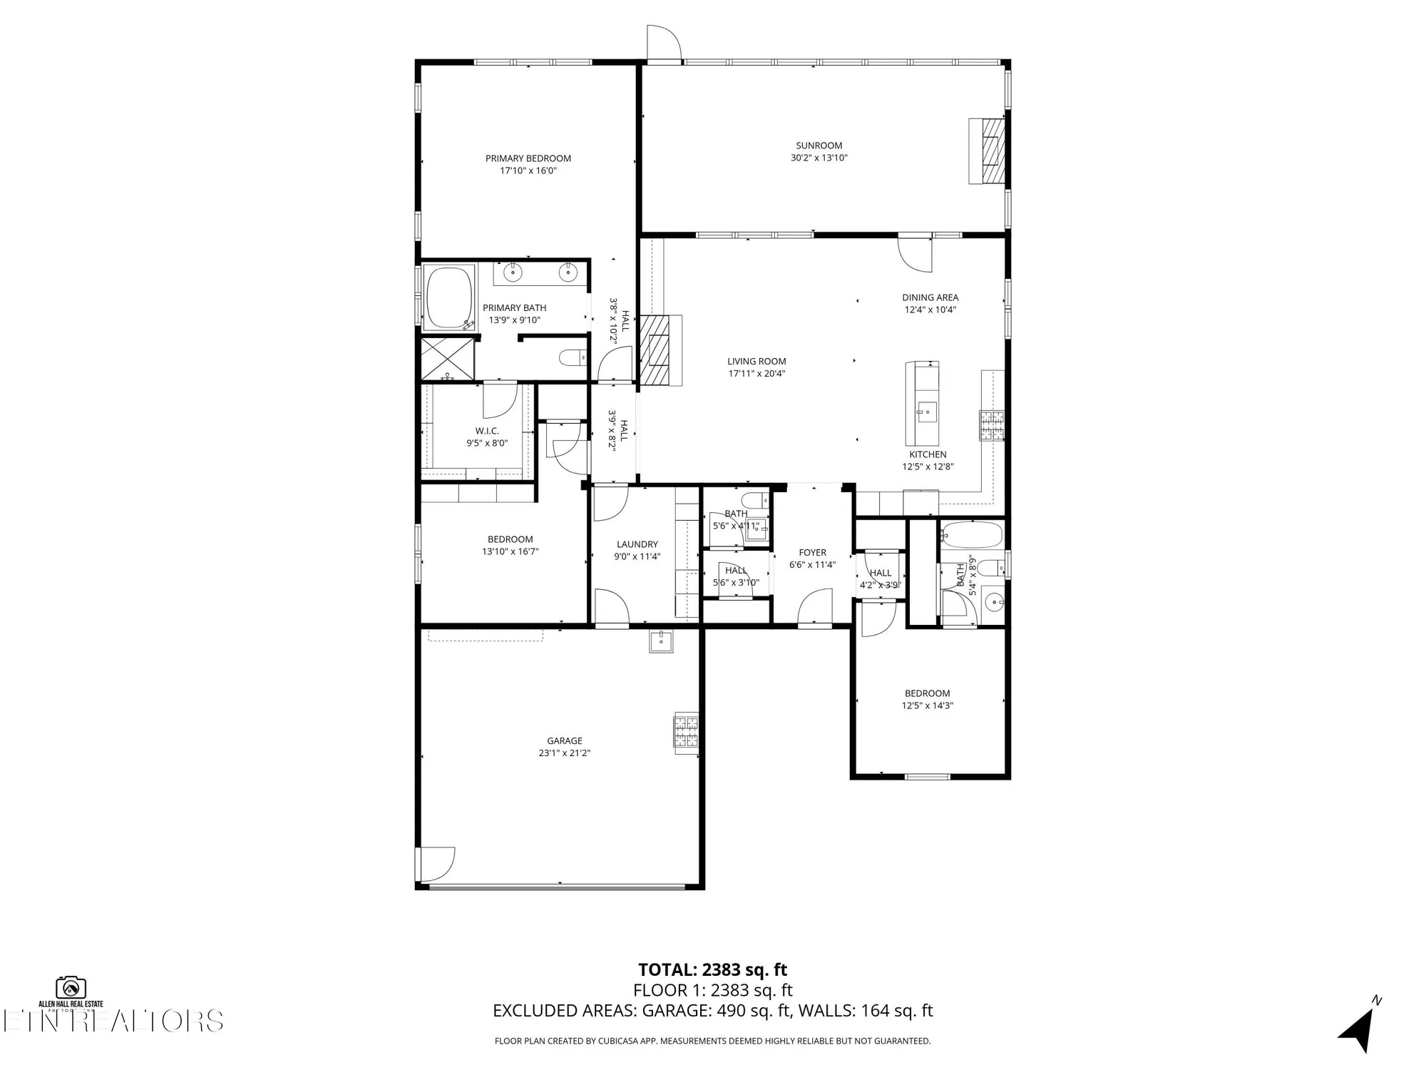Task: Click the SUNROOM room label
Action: point(819,146)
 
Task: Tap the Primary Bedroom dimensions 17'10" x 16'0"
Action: point(528,170)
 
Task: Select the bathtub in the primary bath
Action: point(449,297)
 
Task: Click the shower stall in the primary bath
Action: point(447,359)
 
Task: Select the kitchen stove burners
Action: point(991,426)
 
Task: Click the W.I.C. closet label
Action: point(487,431)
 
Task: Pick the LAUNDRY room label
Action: point(637,544)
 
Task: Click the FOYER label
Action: point(812,552)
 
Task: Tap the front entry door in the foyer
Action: point(814,608)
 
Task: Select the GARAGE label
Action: point(564,740)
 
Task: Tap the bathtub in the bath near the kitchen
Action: point(971,534)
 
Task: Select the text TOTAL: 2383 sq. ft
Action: point(712,969)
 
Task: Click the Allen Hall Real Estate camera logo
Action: point(71,987)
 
